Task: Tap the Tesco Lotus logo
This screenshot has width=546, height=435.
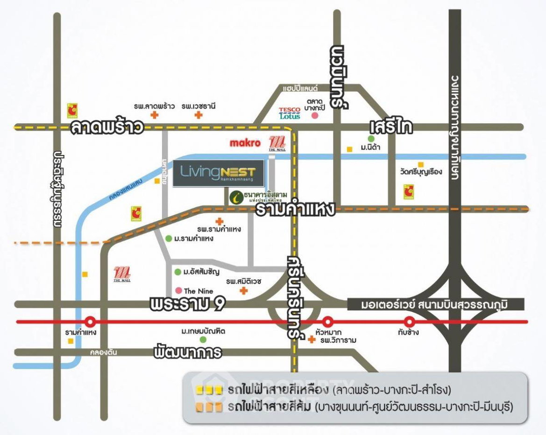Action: click(290, 113)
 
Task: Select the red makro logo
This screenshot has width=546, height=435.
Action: click(245, 143)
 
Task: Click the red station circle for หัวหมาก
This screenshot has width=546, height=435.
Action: click(328, 322)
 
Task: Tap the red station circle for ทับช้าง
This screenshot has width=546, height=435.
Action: click(410, 322)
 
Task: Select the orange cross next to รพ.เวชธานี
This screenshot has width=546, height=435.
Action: click(199, 115)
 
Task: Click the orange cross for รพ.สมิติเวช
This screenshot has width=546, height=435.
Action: click(243, 291)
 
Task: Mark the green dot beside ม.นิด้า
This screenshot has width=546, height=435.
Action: click(371, 139)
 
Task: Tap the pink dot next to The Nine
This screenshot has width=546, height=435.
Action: click(178, 290)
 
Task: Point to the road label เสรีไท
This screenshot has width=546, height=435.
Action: click(390, 127)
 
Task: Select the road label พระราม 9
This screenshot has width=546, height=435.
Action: click(188, 304)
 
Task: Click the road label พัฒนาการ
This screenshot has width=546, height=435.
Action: click(187, 352)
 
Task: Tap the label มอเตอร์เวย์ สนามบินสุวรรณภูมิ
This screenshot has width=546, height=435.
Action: click(435, 305)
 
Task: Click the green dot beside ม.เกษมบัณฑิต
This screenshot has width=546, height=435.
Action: click(203, 339)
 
